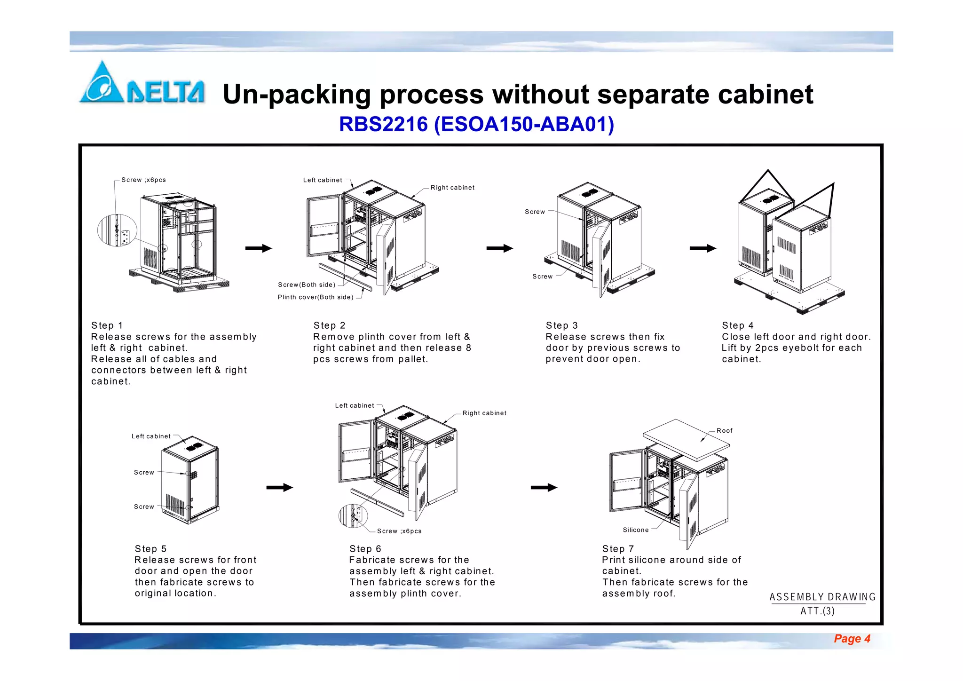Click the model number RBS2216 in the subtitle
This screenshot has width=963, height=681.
383,125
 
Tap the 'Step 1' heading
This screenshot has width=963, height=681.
107,325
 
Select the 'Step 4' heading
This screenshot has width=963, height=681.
738,325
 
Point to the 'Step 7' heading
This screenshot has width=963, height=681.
618,549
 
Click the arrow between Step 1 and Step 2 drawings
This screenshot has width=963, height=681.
259,248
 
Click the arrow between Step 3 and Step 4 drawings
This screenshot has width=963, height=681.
703,248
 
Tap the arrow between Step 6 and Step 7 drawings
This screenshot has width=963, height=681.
544,488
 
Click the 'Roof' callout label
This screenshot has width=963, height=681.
724,431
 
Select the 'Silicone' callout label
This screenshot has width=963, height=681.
636,530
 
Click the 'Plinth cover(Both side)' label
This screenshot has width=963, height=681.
316,297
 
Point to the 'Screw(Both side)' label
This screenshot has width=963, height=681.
307,285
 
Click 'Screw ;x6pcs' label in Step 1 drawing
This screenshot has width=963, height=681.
143,180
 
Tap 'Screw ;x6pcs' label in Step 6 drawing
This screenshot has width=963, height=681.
399,531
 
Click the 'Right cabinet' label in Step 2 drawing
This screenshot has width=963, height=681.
452,188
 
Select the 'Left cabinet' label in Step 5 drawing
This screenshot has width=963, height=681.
151,436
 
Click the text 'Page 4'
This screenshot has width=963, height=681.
852,639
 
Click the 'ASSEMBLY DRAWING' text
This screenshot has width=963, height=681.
822,597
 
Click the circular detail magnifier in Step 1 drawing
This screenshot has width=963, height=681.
117,230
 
